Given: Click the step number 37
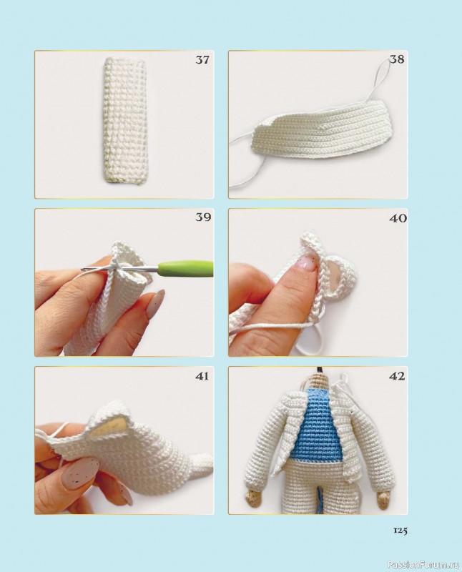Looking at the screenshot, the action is (202, 59).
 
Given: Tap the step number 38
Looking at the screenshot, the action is (397, 59).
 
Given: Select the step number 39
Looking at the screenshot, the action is (203, 217).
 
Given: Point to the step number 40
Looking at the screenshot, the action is (398, 218).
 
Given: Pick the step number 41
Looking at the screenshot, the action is (202, 376).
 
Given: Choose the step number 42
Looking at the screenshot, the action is (397, 376).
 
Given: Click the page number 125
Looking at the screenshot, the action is (400, 541).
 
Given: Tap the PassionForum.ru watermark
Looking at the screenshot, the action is (424, 565).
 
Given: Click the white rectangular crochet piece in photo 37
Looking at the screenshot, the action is (124, 122).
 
